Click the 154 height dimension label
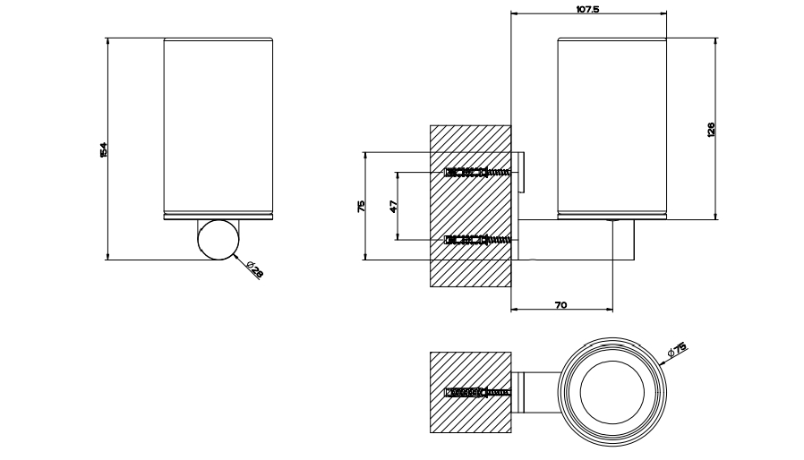coord(104,149)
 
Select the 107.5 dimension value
coord(587,9)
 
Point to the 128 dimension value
coord(710,129)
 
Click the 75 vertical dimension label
coord(361,206)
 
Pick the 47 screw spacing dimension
coord(393,206)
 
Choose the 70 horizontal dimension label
coord(561,305)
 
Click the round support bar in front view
coord(218,240)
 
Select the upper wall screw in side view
coord(478,173)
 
